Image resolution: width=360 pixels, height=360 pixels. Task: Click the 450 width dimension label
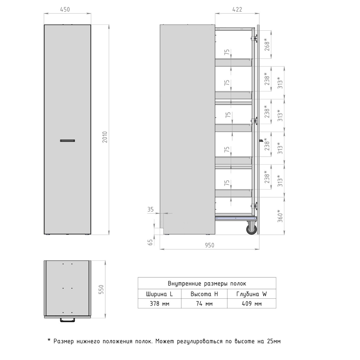click(x=65, y=9)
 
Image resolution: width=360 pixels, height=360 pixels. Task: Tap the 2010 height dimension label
click(x=105, y=137)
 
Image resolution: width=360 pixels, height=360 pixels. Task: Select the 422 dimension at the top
click(x=237, y=9)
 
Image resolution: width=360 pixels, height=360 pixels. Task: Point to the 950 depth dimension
click(x=210, y=245)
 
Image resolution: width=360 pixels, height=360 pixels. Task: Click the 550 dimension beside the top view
click(x=101, y=289)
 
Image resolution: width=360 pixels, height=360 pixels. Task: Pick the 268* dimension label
click(x=267, y=44)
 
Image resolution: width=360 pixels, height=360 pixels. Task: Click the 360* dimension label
click(x=280, y=216)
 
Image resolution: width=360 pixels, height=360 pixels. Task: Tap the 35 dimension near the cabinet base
click(x=150, y=210)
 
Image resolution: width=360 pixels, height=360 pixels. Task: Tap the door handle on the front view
click(x=67, y=141)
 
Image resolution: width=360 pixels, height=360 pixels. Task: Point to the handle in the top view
click(x=67, y=320)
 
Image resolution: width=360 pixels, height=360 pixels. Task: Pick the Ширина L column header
click(x=159, y=294)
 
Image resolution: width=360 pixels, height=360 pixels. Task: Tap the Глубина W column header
click(x=251, y=294)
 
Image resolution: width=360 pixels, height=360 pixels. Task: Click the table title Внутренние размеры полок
click(x=207, y=283)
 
